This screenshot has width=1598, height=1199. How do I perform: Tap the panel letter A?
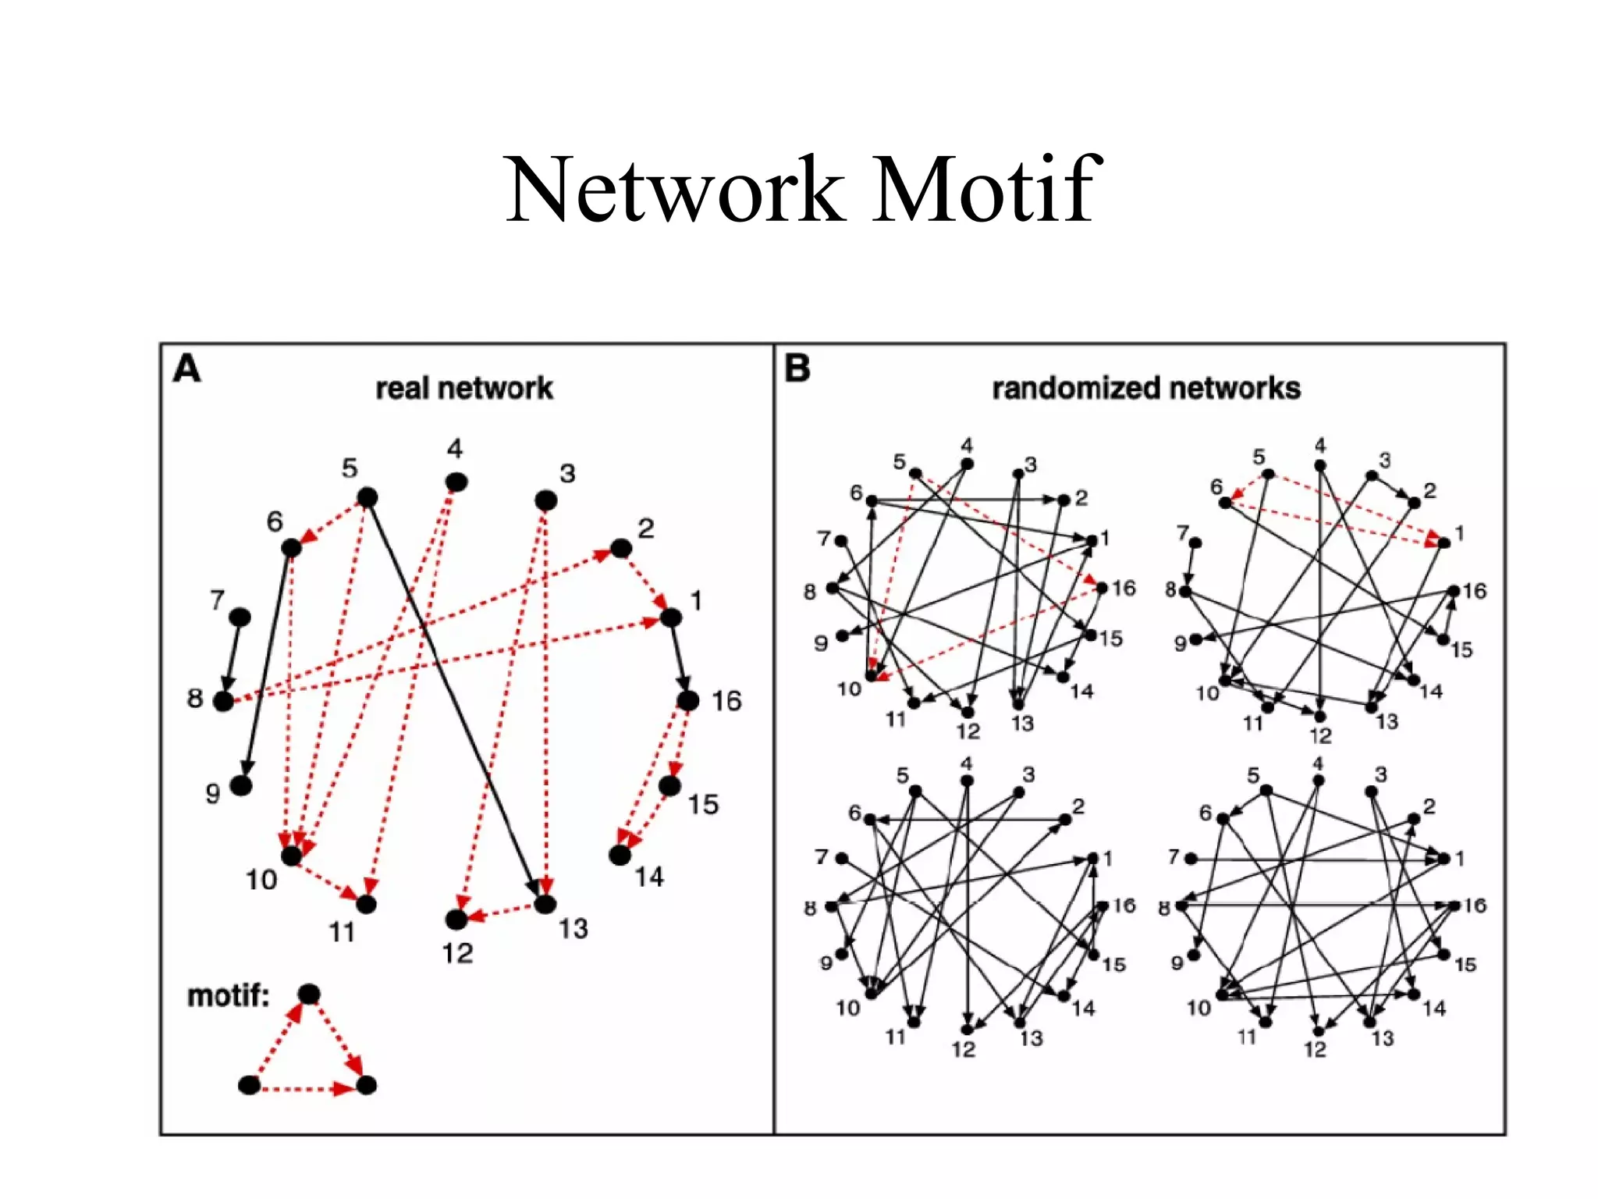point(186,368)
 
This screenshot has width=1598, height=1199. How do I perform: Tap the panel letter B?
point(797,368)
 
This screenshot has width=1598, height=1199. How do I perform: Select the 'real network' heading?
point(464,388)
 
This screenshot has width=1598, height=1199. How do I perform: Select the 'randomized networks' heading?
point(1145,388)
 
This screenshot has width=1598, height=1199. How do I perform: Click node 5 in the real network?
point(367,497)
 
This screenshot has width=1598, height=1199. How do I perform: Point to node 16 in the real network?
point(687,700)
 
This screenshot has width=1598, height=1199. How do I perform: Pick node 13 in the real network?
point(545,904)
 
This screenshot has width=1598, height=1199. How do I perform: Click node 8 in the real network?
point(223,701)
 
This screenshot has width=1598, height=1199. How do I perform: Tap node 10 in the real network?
point(291,856)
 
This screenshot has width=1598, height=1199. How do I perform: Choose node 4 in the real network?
point(456,482)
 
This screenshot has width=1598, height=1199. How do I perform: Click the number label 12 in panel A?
point(457,953)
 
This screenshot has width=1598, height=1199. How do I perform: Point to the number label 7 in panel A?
point(217,599)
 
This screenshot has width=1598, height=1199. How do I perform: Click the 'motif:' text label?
point(228,996)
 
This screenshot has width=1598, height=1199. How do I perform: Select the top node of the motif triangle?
point(309,994)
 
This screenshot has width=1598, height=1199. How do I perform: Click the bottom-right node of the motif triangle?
point(366,1085)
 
